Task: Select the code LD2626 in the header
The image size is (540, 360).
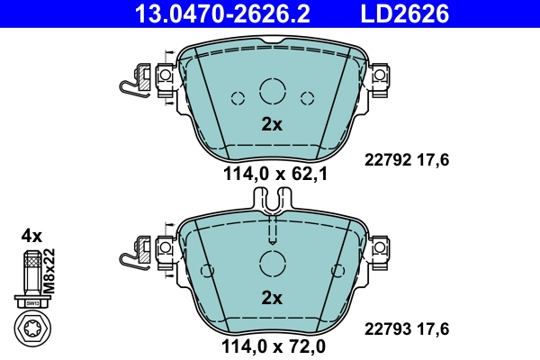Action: click(x=405, y=13)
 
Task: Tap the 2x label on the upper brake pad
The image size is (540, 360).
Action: click(x=272, y=125)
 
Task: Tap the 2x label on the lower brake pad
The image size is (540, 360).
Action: click(x=272, y=298)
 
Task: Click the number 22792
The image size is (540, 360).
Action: click(x=384, y=160)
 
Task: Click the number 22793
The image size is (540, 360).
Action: click(x=384, y=329)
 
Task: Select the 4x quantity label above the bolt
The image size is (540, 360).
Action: click(x=31, y=236)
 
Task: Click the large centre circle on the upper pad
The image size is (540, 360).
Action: click(x=272, y=90)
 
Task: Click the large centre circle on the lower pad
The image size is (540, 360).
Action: click(x=272, y=264)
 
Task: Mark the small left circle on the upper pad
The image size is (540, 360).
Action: click(x=238, y=98)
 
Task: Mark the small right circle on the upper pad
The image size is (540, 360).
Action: click(x=306, y=98)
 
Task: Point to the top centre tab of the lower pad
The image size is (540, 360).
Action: click(x=272, y=202)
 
